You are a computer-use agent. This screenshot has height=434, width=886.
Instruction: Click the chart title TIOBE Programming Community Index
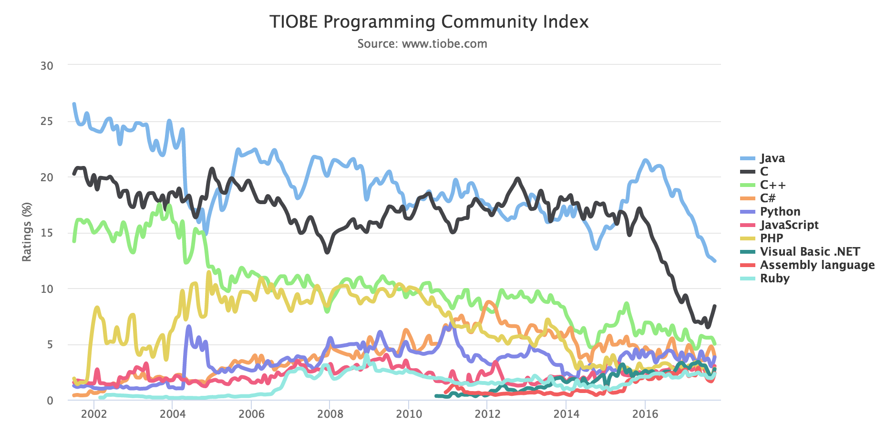click(429, 22)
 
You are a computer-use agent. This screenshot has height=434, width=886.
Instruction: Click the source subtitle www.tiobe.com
click(422, 44)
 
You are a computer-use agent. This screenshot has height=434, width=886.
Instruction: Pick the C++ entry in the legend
click(773, 185)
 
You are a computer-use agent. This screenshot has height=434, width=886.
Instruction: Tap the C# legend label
click(768, 198)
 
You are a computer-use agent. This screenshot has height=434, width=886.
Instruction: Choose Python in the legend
click(780, 212)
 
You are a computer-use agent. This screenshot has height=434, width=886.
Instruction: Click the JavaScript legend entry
click(789, 225)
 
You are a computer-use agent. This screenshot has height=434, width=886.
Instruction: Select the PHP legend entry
click(772, 238)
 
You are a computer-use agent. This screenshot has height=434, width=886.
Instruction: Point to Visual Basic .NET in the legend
click(810, 252)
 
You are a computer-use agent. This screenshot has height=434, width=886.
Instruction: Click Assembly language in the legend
click(817, 265)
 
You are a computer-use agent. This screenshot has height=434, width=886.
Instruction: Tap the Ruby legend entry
click(774, 279)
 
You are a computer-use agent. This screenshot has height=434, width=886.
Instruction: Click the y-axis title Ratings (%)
click(27, 232)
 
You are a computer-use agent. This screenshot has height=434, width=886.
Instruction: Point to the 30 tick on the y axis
click(47, 66)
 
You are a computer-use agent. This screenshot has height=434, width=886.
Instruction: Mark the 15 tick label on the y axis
click(47, 233)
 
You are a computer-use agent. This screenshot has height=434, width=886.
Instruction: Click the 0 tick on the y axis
click(50, 401)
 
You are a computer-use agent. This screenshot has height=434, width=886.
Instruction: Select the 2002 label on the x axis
click(94, 414)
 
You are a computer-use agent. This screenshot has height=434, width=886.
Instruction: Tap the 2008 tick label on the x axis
click(330, 414)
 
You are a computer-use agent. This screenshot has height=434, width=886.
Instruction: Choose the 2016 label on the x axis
click(645, 414)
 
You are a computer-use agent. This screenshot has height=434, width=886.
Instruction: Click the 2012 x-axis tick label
click(487, 414)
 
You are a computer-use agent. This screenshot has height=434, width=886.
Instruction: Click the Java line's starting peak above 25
click(74, 104)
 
